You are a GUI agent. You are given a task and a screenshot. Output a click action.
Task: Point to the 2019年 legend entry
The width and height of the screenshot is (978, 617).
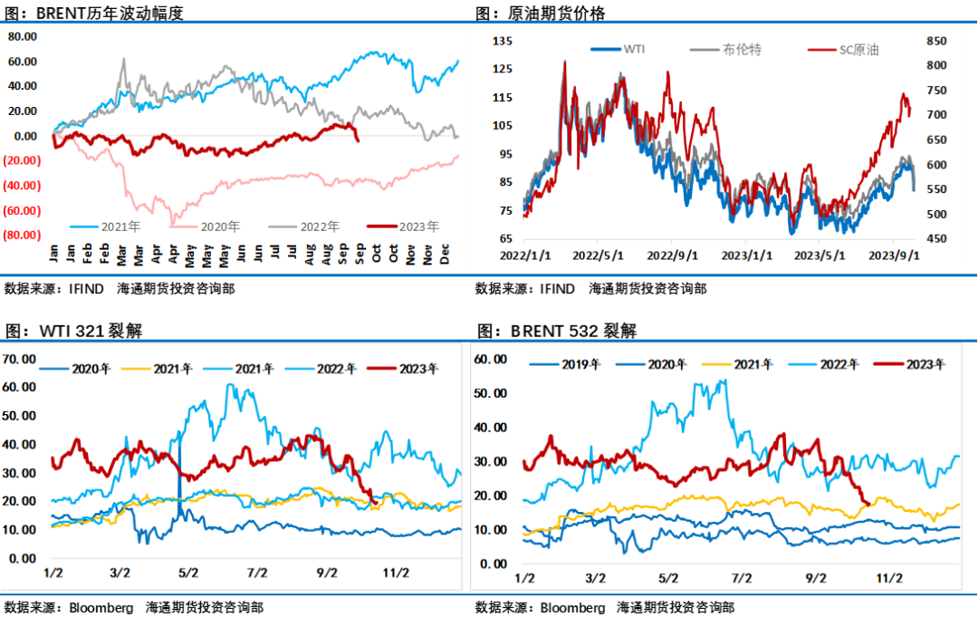click(580, 364)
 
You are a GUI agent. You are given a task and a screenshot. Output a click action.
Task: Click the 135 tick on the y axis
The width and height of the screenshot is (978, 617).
click(503, 41)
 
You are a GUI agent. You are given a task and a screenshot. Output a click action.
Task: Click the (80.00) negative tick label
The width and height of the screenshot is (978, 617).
click(21, 235)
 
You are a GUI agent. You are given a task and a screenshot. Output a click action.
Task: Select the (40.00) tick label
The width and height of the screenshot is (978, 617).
click(21, 186)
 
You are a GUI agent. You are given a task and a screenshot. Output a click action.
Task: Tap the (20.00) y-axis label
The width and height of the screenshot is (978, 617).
click(21, 160)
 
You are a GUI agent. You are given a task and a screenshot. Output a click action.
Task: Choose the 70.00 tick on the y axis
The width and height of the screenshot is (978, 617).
click(21, 359)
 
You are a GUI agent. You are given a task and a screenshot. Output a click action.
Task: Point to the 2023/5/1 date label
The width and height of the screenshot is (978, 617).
click(820, 256)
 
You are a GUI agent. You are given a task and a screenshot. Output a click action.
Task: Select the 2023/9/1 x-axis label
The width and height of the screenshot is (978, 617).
click(894, 256)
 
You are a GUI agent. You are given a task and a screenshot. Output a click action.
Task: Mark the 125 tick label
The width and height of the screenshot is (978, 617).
click(503, 69)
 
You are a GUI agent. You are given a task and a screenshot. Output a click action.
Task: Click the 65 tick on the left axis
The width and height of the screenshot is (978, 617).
click(505, 239)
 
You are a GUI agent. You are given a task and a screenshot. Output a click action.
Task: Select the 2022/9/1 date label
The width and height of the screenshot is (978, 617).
click(672, 256)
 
